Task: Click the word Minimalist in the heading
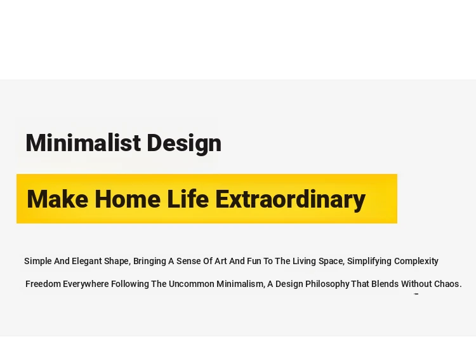point(83,142)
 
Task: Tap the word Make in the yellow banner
point(57,199)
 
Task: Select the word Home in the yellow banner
point(128,199)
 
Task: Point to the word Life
point(188,199)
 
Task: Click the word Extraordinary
point(291,199)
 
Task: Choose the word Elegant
point(87,261)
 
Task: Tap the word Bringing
point(150,261)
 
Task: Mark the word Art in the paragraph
point(221,261)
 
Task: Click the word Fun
point(254,261)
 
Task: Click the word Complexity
point(416,261)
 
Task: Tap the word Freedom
point(43,284)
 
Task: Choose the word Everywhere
point(86,284)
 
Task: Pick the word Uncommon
point(192,284)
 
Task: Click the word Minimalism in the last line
point(241,284)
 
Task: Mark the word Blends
point(385,284)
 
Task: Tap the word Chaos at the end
point(448,284)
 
